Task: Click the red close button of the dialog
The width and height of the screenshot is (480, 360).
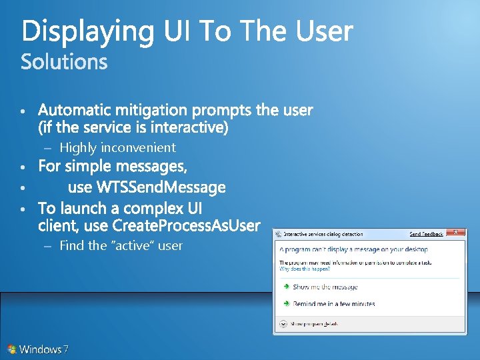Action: (456, 233)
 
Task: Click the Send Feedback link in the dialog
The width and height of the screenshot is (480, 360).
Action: (426, 234)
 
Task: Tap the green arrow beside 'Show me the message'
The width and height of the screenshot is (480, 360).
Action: (285, 287)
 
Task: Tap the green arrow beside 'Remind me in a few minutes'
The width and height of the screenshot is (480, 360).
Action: (285, 303)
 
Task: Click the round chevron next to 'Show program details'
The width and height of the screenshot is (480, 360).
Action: (283, 323)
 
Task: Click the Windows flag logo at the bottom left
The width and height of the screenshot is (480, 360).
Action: (11, 349)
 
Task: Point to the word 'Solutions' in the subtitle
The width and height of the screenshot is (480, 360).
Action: (64, 62)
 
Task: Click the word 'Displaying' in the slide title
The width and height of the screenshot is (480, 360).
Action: (87, 31)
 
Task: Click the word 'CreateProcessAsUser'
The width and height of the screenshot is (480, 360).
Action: (187, 225)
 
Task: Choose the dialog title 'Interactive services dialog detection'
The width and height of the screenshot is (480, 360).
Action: (323, 234)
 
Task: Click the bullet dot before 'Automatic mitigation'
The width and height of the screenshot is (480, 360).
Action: (23, 110)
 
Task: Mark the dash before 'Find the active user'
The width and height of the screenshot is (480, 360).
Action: (47, 245)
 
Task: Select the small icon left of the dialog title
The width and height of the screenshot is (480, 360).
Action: (279, 234)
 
